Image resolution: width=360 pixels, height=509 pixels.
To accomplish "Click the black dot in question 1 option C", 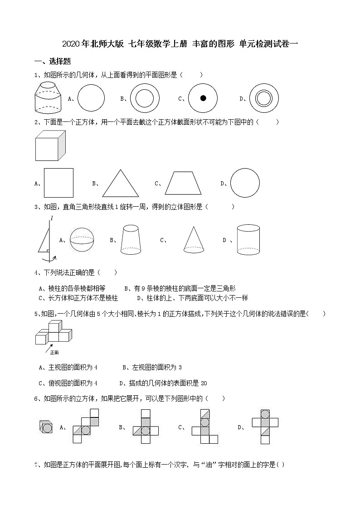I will point(203,98).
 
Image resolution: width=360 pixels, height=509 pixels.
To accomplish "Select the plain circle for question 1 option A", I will point(91,98).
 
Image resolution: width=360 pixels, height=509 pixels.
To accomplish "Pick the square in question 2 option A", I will point(58,183).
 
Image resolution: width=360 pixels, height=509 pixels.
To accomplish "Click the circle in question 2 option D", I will point(245,183).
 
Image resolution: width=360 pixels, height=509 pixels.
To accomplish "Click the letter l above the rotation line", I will point(52,218).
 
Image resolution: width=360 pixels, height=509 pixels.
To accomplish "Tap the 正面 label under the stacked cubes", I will point(54,352).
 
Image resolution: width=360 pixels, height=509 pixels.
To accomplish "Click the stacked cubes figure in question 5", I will point(54,333).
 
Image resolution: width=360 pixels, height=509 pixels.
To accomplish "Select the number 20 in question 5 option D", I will point(204,383).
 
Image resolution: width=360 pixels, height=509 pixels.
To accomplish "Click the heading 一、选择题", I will point(53,62).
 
